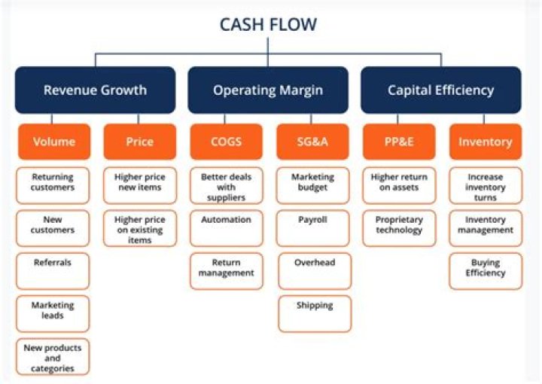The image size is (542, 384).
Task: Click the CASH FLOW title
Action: tap(268, 24)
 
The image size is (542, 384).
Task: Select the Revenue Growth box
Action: tap(95, 90)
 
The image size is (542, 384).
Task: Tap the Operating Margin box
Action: tap(268, 90)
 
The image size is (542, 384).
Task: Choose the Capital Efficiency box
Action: tap(441, 90)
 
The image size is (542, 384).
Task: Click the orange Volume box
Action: tap(53, 142)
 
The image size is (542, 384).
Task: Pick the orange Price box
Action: tap(139, 142)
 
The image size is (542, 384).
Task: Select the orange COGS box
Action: tap(226, 142)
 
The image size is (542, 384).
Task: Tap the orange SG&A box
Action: tap(313, 142)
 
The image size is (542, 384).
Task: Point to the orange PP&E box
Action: tap(399, 142)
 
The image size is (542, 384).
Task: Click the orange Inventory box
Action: tap(485, 142)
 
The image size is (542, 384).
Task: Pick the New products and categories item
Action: tap(53, 357)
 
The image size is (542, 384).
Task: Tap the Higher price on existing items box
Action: tap(139, 228)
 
